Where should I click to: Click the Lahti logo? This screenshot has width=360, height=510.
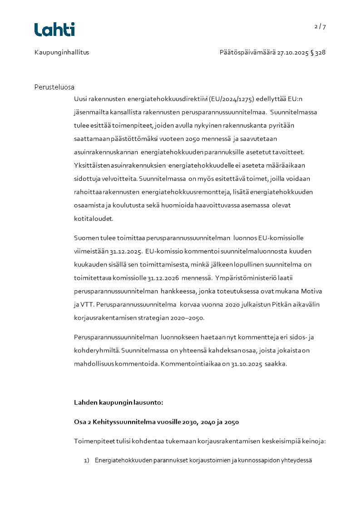(54, 30)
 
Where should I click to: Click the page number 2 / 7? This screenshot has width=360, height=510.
(320, 26)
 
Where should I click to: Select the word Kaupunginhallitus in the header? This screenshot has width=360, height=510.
(62, 52)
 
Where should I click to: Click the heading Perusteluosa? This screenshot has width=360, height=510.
(54, 87)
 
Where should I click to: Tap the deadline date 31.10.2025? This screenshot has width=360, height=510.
(247, 364)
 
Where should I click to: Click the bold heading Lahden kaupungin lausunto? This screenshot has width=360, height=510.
(118, 402)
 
